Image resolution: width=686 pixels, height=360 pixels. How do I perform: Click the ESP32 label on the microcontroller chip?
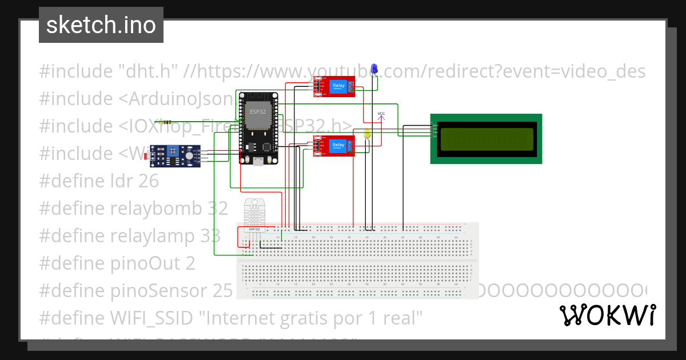click(257, 111)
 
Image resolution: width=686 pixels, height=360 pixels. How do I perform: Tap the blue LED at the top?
click(374, 69)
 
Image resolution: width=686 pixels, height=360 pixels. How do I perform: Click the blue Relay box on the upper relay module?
click(338, 86)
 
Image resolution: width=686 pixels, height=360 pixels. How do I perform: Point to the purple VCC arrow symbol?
click(381, 117)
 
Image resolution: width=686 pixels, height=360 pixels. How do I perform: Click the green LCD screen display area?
click(485, 139)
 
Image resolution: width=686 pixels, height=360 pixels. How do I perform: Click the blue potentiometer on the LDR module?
click(171, 152)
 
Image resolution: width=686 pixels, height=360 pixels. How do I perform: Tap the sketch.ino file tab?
click(101, 25)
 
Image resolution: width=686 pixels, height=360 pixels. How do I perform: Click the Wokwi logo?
click(607, 315)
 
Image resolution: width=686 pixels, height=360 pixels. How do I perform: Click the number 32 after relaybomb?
click(217, 209)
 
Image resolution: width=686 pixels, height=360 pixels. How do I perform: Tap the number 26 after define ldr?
click(148, 181)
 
